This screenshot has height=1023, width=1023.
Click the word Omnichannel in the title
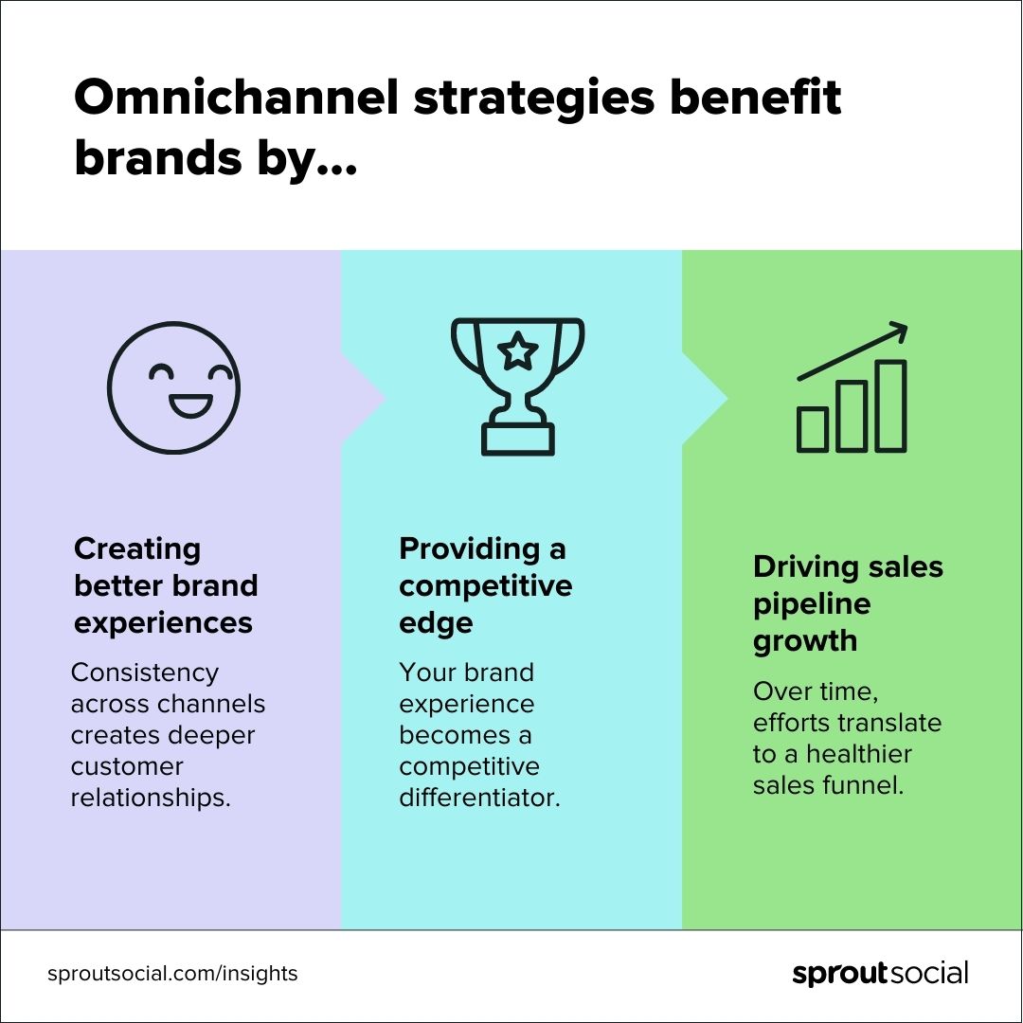pyautogui.click(x=237, y=99)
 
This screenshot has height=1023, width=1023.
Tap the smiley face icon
pyautogui.click(x=173, y=388)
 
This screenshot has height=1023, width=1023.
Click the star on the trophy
pyautogui.click(x=517, y=351)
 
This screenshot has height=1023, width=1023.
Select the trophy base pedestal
pyautogui.click(x=517, y=439)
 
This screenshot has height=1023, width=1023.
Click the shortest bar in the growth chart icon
pyautogui.click(x=813, y=429)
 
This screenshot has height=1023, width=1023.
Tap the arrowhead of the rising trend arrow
pyautogui.click(x=897, y=332)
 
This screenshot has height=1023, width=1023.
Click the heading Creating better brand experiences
pyautogui.click(x=166, y=585)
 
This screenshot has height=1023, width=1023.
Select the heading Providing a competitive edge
pyautogui.click(x=485, y=585)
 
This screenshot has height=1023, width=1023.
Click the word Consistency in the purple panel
pyautogui.click(x=145, y=673)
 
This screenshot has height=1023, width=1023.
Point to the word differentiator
pyautogui.click(x=479, y=798)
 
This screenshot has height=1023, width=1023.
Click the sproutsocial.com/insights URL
pyautogui.click(x=172, y=973)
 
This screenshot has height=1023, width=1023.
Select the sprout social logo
pyautogui.click(x=880, y=973)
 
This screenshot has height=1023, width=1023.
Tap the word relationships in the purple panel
pyautogui.click(x=151, y=798)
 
